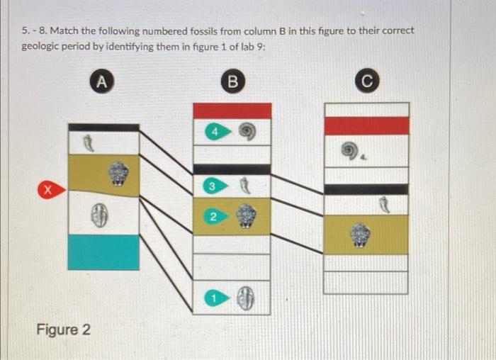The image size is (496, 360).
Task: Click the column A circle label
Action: pos(102,81)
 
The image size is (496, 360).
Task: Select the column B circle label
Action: pos(231,81)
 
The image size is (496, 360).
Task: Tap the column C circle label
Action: pos(366,81)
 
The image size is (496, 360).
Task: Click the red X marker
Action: pos(47,189)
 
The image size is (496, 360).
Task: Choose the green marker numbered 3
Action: pos(212,186)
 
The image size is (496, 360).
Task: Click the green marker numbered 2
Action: pos(212,217)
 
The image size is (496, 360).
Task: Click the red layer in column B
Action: pos(232,111)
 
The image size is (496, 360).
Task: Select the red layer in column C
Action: pos(366,125)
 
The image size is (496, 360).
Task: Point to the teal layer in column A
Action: pos(103,252)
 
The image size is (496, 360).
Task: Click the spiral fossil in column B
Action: pos(246,130)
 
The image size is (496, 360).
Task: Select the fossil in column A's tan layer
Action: pos(119,173)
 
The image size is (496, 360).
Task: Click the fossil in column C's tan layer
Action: pos(361,235)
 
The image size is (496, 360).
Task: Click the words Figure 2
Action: pos(63,330)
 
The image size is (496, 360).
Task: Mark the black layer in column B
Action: pos(232,169)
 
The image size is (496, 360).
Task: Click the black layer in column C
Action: pos(366,189)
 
